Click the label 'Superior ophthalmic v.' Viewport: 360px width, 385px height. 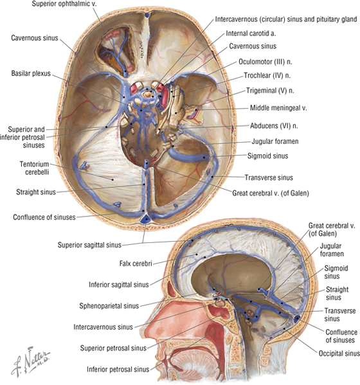coord(64,4)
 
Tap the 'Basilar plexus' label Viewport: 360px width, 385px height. coord(31,73)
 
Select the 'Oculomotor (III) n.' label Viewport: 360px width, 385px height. coord(265,62)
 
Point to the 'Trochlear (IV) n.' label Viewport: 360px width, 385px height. coord(267,75)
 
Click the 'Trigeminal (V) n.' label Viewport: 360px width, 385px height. coord(270,91)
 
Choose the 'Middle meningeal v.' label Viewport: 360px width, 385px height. coord(278,108)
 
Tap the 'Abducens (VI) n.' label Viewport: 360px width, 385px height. coord(274,126)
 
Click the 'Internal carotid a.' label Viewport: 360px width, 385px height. coord(251,33)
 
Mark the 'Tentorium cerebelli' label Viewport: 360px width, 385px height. coord(34,168)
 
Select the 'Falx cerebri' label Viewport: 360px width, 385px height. coord(136,264)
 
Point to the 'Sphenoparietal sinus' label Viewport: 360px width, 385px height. coord(109,306)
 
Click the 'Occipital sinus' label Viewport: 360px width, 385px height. coord(339,354)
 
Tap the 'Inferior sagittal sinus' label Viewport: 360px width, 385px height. coord(119,285)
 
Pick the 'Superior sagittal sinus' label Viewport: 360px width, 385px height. coord(89,245)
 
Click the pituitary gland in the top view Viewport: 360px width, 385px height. coord(148,94)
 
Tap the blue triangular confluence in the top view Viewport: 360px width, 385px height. coord(146,219)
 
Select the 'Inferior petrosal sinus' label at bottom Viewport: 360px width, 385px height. coord(118,370)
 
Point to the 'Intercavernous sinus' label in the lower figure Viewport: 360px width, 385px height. coord(103,327)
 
